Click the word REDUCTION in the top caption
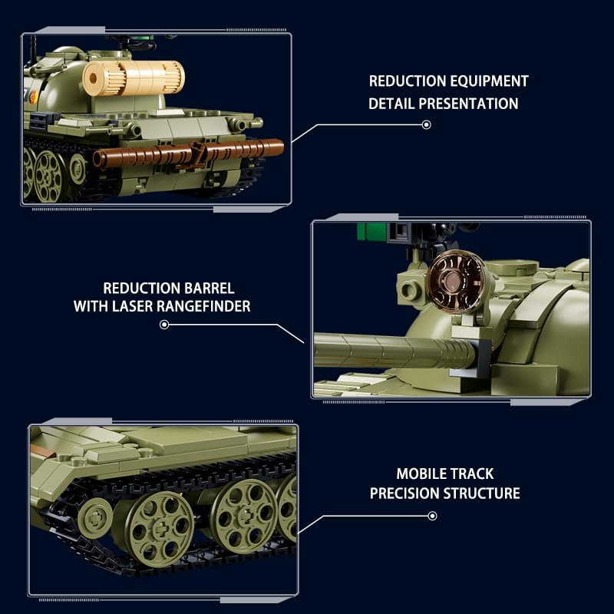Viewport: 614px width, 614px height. coord(407,81)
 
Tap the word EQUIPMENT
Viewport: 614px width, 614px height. coord(489,81)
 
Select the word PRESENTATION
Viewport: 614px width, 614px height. coord(468,104)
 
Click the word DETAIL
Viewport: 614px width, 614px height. coord(391,104)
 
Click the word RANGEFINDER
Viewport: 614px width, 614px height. coord(203,306)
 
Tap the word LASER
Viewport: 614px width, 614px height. coord(132,306)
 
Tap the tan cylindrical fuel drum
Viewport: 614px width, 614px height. coord(134,78)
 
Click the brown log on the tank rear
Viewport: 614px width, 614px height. coord(188,153)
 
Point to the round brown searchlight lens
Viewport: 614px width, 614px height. coord(455,282)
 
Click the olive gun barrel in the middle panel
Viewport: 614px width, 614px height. coord(394,350)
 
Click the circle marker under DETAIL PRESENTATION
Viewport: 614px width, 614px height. coord(427,124)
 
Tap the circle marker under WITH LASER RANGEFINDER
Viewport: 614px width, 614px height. coord(164,325)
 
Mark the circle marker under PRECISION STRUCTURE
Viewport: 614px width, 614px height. coord(432,516)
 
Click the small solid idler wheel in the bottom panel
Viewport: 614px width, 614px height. coord(94,519)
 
